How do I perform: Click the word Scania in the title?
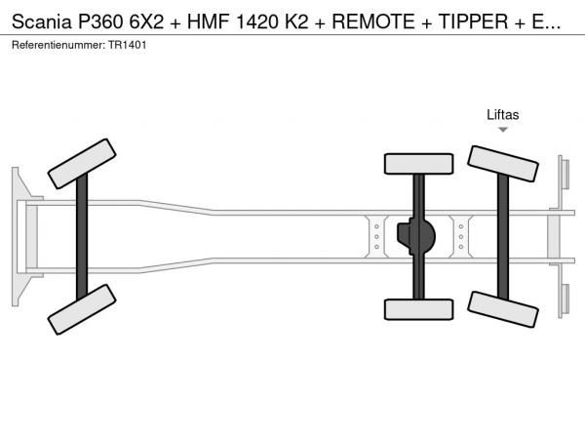pyautogui.click(x=41, y=21)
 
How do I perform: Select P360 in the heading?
pyautogui.click(x=100, y=21)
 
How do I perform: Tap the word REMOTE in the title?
pyautogui.click(x=373, y=21)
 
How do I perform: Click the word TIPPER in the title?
pyautogui.click(x=473, y=21)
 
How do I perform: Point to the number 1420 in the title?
pyautogui.click(x=257, y=21)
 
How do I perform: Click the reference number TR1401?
pyautogui.click(x=127, y=45)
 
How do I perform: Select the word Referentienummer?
pyautogui.click(x=58, y=45)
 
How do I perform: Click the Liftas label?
pyautogui.click(x=502, y=114)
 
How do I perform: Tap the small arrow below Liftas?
pyautogui.click(x=503, y=130)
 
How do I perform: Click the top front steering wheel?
pyautogui.click(x=82, y=164)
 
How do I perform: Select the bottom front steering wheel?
pyautogui.click(x=82, y=309)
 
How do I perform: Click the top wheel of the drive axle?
pyautogui.click(x=418, y=164)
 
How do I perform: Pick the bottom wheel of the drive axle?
pyautogui.click(x=418, y=309)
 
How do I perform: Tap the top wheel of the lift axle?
pyautogui.click(x=502, y=164)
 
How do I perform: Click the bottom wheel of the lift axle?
pyautogui.click(x=502, y=309)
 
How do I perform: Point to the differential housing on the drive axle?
pyautogui.click(x=416, y=236)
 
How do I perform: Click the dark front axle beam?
pyautogui.click(x=82, y=237)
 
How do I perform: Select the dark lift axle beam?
pyautogui.click(x=503, y=237)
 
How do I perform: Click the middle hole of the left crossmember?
pyautogui.click(x=376, y=237)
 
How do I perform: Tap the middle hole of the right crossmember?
pyautogui.click(x=461, y=237)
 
